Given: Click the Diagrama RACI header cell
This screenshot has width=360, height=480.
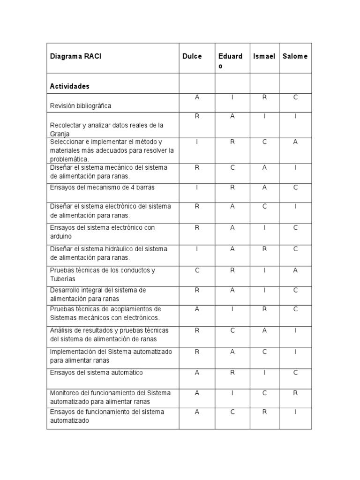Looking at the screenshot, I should [x=75, y=57].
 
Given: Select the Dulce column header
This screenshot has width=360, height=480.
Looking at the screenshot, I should [x=192, y=57].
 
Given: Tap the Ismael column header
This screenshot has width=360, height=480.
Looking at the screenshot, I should [x=264, y=57].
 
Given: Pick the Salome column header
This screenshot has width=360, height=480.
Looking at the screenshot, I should [x=295, y=57].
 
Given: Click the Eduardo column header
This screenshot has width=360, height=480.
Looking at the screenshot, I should [x=230, y=61].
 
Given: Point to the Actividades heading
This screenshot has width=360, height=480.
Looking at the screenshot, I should [x=70, y=86].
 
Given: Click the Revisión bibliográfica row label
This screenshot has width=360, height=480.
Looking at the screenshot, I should [x=81, y=106].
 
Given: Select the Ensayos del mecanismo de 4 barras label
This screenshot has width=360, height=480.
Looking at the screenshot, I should [x=102, y=187].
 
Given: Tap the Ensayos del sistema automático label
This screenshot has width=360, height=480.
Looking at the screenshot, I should [x=97, y=373].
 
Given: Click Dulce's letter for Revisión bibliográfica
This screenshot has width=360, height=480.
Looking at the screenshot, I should [x=197, y=97].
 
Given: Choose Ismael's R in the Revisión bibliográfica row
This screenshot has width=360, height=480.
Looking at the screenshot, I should [x=264, y=97].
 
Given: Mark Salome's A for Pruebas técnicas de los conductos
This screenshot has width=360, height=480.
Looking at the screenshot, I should [x=296, y=270].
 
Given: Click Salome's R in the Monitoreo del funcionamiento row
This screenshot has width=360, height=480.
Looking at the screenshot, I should [x=296, y=393].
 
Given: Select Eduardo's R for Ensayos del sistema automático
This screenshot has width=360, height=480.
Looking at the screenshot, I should [x=232, y=373].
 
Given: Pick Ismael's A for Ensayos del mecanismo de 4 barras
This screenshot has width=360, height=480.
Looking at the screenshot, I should [x=264, y=187].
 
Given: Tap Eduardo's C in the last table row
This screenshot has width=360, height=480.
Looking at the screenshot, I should [x=232, y=412].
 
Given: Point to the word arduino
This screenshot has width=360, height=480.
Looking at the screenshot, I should [x=61, y=237].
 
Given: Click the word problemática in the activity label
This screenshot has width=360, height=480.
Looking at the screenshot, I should [x=68, y=159].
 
